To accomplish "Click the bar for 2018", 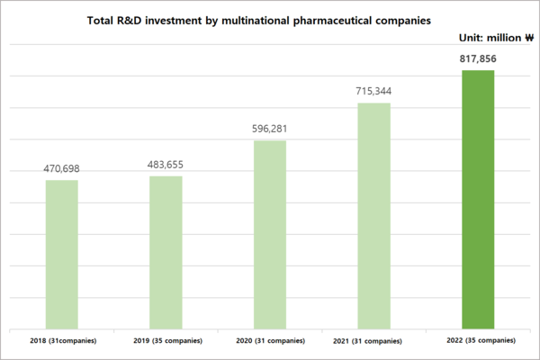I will tap(62, 254).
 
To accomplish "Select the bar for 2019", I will tap(166, 252).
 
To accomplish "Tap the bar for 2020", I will tap(270, 234).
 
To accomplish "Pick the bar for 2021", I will tap(373, 216).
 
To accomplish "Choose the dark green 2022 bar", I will tap(478, 199).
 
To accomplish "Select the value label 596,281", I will tap(270, 129).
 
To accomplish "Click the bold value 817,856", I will tap(478, 58).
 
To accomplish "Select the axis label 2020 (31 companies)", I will tap(270, 341).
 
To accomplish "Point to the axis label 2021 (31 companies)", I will tap(373, 341).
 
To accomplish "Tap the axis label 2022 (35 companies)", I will tap(478, 341).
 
